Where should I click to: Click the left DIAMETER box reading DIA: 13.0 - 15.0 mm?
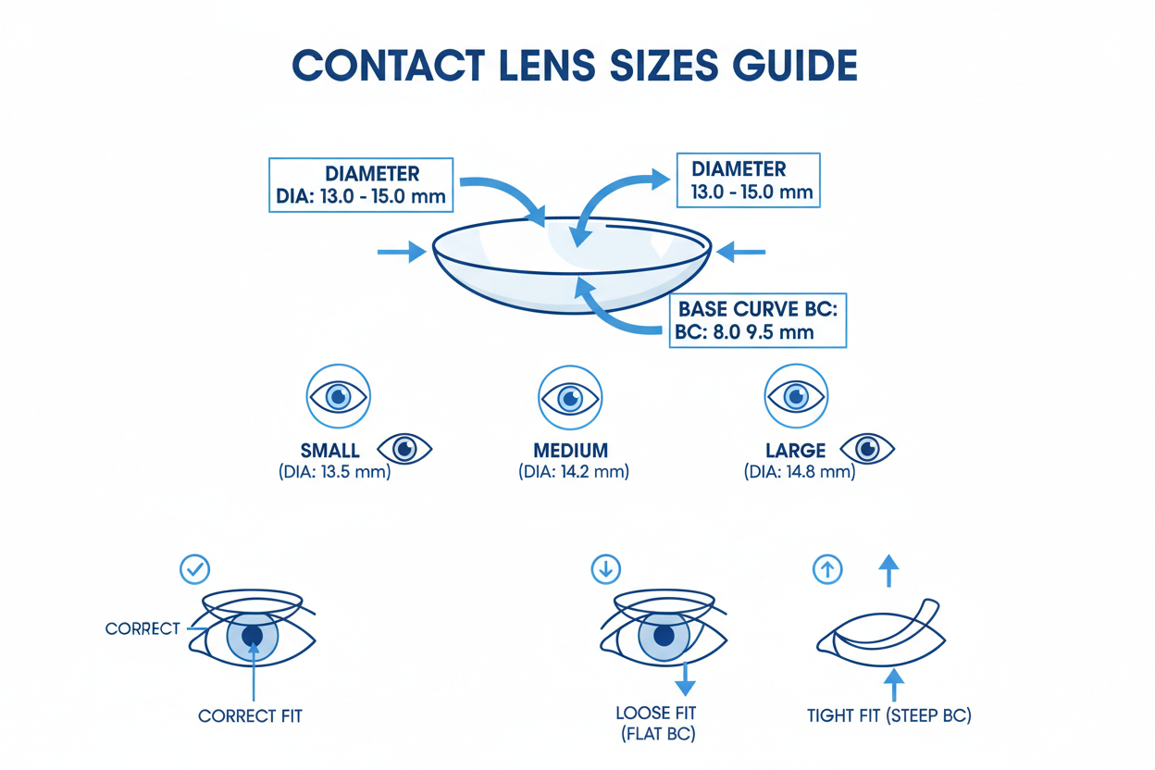click(x=361, y=185)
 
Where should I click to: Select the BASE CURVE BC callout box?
click(x=757, y=321)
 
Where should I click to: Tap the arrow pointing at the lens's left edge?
click(x=402, y=252)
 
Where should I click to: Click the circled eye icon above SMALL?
click(x=338, y=396)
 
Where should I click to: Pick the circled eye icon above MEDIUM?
click(x=569, y=398)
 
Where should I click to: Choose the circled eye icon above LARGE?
click(x=796, y=396)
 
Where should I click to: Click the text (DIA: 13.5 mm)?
click(x=334, y=472)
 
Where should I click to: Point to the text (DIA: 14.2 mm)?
click(x=573, y=472)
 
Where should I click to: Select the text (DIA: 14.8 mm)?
click(x=800, y=472)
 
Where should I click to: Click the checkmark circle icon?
click(x=195, y=568)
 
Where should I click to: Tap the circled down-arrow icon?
click(x=605, y=569)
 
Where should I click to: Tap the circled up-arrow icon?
click(x=826, y=569)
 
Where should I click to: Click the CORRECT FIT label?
click(x=250, y=715)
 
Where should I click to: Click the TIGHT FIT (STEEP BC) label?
click(x=888, y=715)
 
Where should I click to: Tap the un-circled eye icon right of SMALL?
click(x=405, y=450)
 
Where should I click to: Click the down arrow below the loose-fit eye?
click(x=685, y=680)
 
